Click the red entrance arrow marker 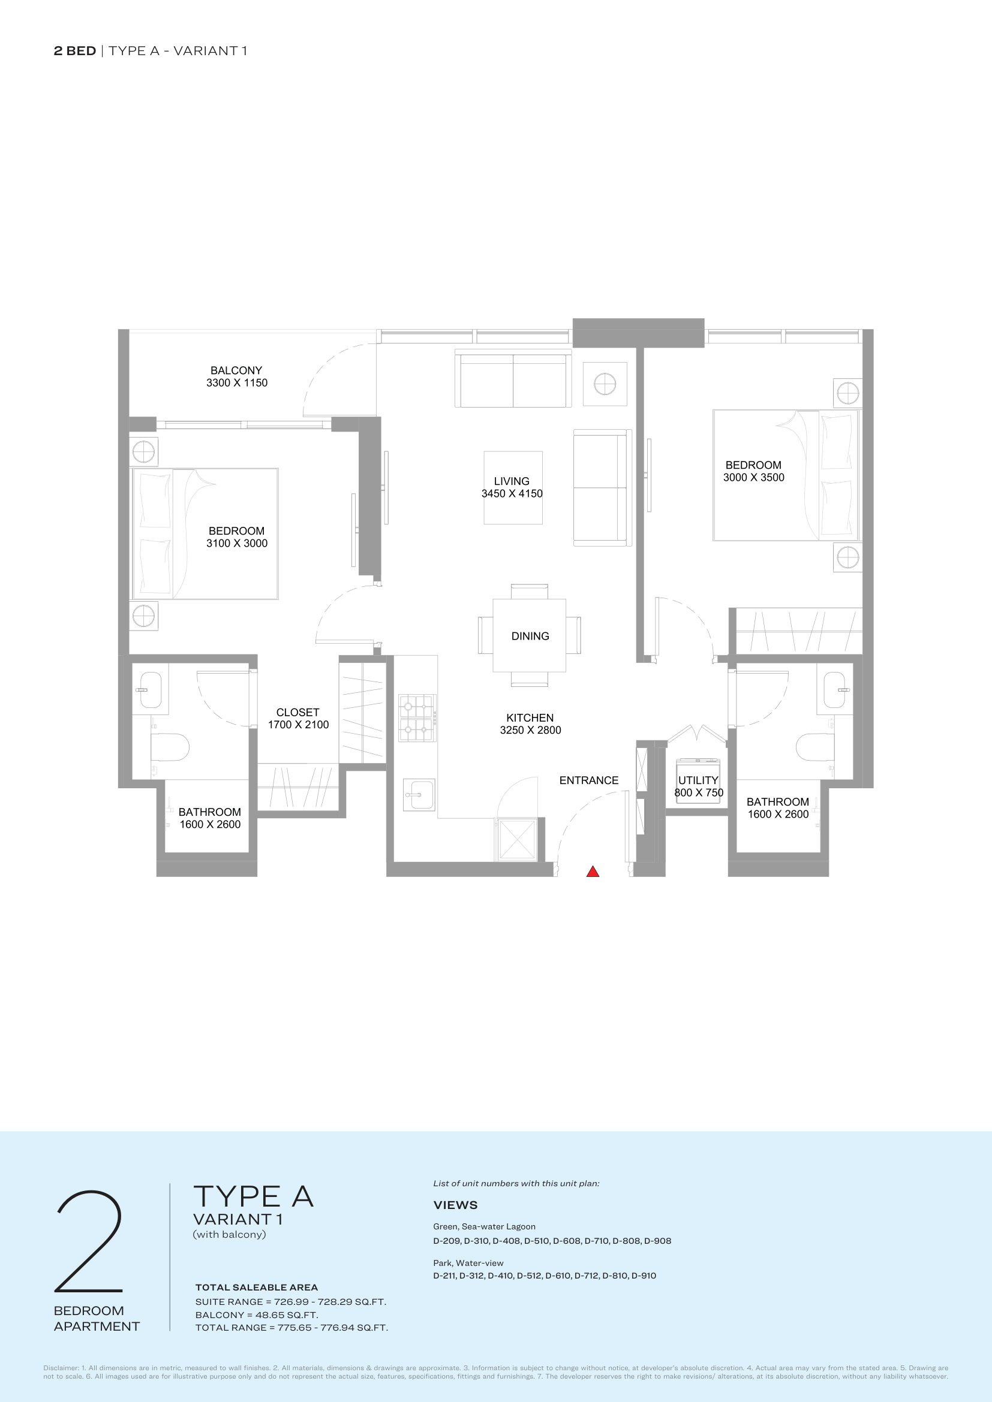click(x=593, y=872)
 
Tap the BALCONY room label click(x=236, y=377)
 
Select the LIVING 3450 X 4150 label click(x=512, y=487)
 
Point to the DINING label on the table click(x=530, y=635)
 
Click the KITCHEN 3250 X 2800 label click(x=530, y=723)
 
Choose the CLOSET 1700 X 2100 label click(x=298, y=718)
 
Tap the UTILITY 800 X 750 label click(x=699, y=786)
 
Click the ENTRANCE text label click(x=589, y=780)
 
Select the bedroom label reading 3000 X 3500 click(x=754, y=471)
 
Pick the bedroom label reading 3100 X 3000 click(x=237, y=537)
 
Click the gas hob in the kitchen click(x=417, y=717)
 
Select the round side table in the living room click(x=605, y=384)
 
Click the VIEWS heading click(x=456, y=1205)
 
